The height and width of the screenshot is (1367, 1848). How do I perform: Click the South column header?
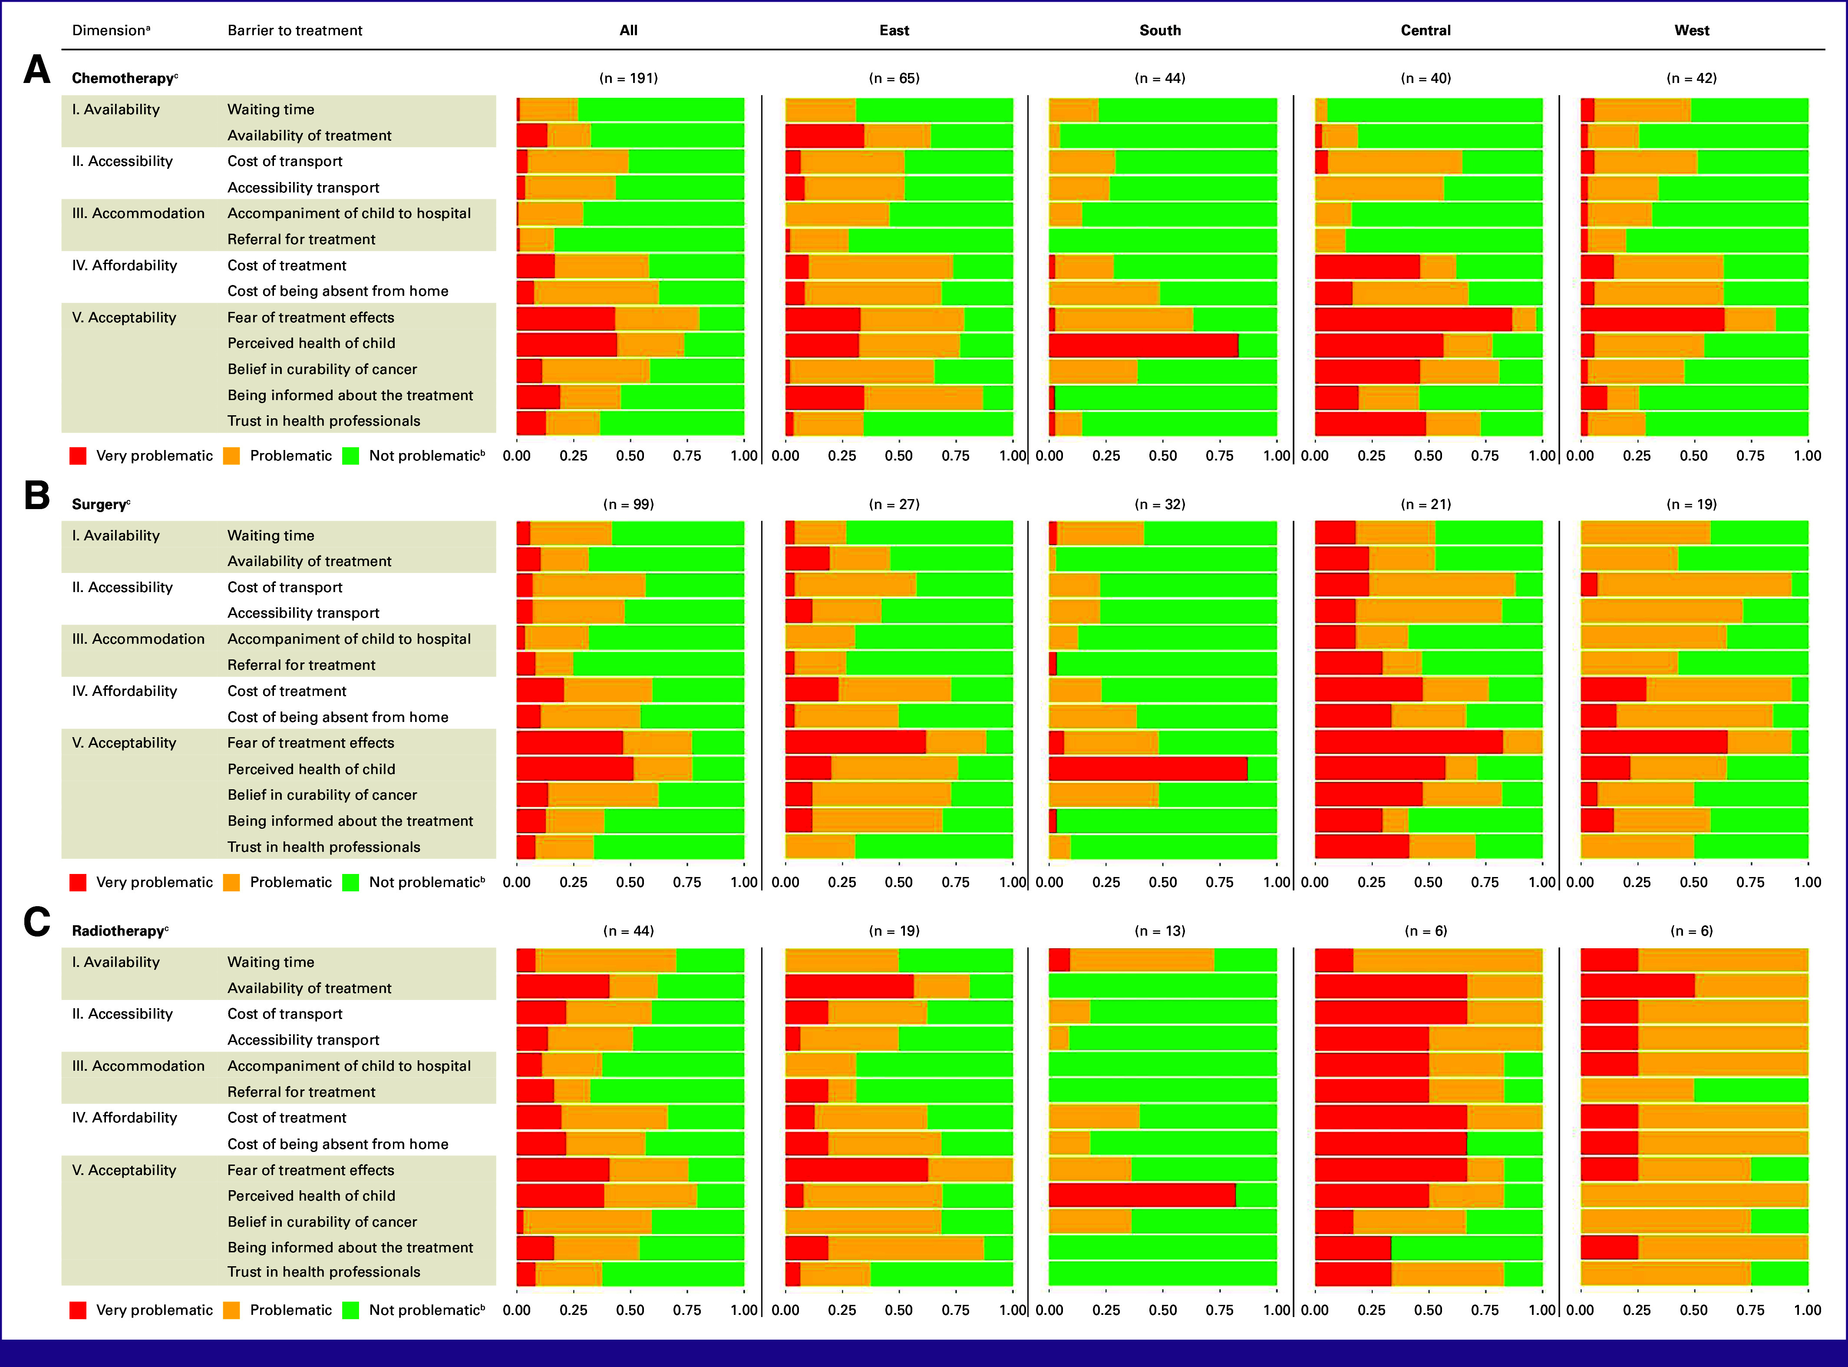pos(1160,30)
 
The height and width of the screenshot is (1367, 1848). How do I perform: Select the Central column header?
pos(1425,30)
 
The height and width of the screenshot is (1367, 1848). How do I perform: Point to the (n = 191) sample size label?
pos(629,79)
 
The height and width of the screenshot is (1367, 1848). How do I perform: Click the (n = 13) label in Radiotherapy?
pos(1160,931)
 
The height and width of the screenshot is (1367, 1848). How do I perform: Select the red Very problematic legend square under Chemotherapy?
pos(78,456)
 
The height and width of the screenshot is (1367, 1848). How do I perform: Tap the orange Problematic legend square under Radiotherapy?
pos(231,1310)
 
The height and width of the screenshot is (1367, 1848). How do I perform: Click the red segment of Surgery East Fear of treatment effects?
pos(855,742)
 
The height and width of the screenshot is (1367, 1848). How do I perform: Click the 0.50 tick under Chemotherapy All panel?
pos(630,456)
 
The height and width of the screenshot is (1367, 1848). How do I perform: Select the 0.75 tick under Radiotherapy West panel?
pos(1750,1311)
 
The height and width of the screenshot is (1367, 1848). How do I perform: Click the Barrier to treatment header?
pos(294,30)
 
